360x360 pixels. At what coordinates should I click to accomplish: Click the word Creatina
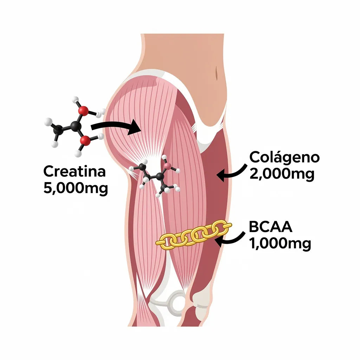click(75, 172)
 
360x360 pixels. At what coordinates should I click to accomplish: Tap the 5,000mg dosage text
click(76, 188)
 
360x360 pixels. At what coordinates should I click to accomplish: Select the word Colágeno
click(284, 158)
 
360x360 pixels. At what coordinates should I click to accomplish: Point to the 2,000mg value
click(282, 174)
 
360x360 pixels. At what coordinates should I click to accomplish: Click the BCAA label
click(270, 227)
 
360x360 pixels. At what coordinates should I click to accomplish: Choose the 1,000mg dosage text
click(280, 243)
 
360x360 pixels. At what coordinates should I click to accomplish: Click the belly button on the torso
click(217, 73)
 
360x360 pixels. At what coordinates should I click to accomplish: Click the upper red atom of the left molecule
click(83, 111)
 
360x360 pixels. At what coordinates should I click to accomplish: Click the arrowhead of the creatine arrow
click(135, 127)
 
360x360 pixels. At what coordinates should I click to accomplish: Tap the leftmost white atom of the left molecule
click(48, 122)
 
